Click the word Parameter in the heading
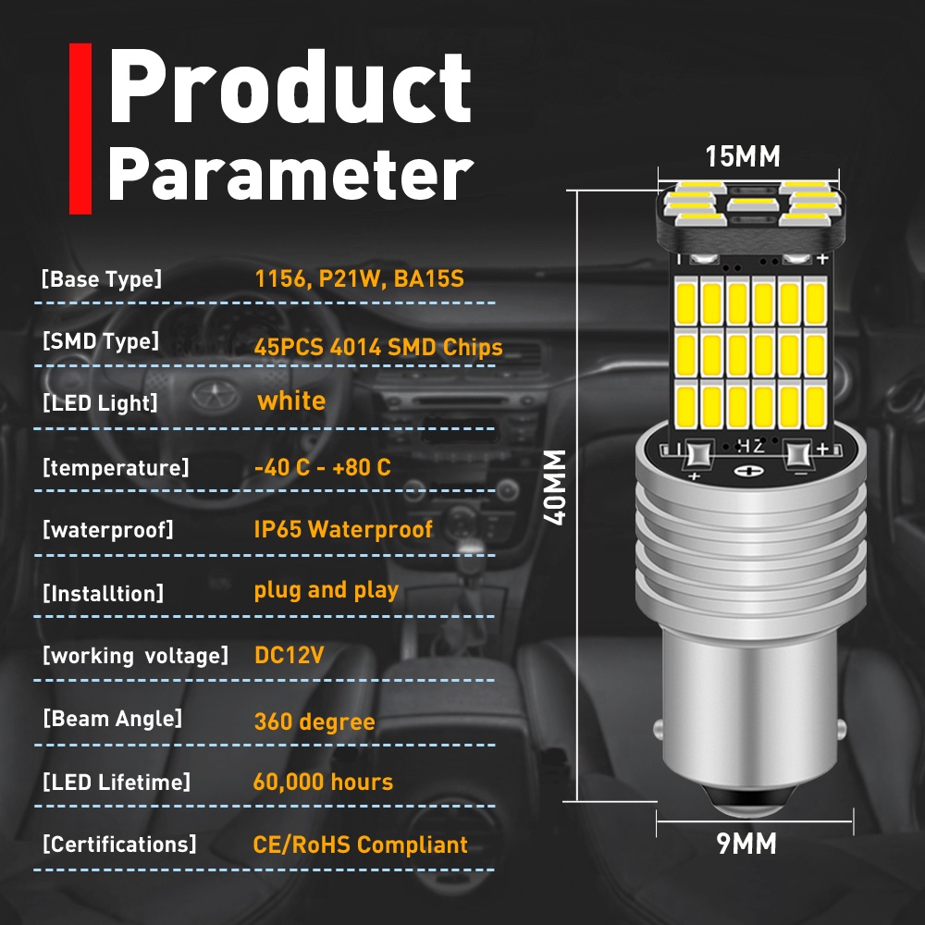(290, 174)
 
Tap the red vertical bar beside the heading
(80, 128)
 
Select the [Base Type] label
(101, 279)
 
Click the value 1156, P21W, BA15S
(359, 279)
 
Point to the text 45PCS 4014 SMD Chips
(378, 348)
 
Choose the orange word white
(291, 401)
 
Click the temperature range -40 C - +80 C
(323, 467)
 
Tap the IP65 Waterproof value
(343, 529)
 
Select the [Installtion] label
(103, 593)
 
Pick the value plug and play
(327, 590)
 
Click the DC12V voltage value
(289, 656)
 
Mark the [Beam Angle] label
(112, 719)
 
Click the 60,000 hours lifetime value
(323, 783)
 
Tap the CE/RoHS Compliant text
(361, 845)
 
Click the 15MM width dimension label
(743, 157)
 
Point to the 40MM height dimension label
(555, 487)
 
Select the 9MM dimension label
(746, 844)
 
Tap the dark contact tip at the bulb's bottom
(746, 804)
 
